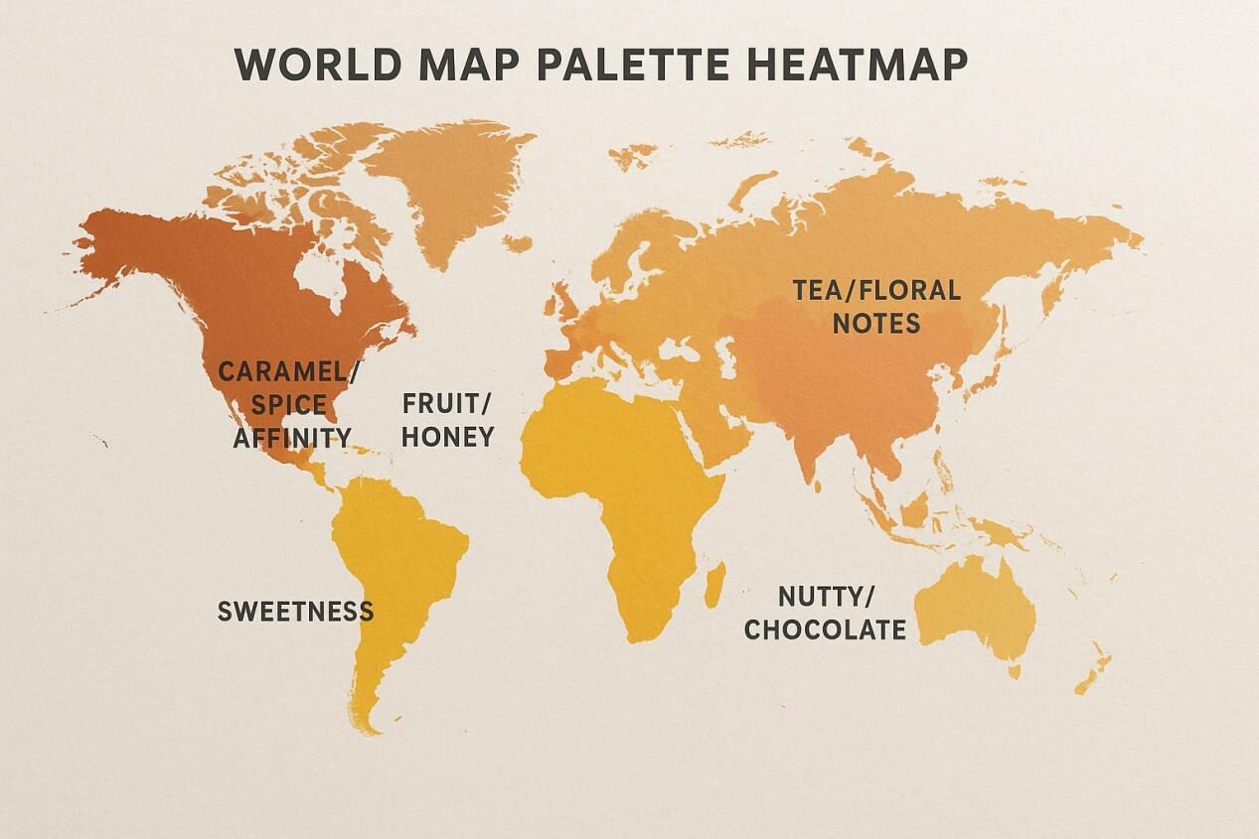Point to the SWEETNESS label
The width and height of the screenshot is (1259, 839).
(295, 611)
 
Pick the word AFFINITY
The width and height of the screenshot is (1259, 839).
(291, 438)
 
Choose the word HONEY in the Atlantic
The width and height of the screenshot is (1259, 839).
(447, 437)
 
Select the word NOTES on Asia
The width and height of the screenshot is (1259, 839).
(876, 324)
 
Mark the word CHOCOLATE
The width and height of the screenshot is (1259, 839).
(825, 629)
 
